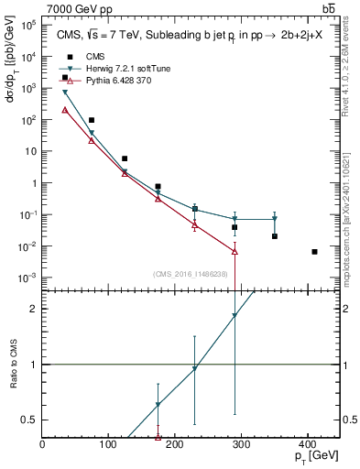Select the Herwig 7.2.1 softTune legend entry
122,69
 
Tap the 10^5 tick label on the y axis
29,25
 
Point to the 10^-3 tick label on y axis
29,278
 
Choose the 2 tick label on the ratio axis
34,309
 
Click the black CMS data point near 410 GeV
314,252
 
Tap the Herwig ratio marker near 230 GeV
195,368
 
